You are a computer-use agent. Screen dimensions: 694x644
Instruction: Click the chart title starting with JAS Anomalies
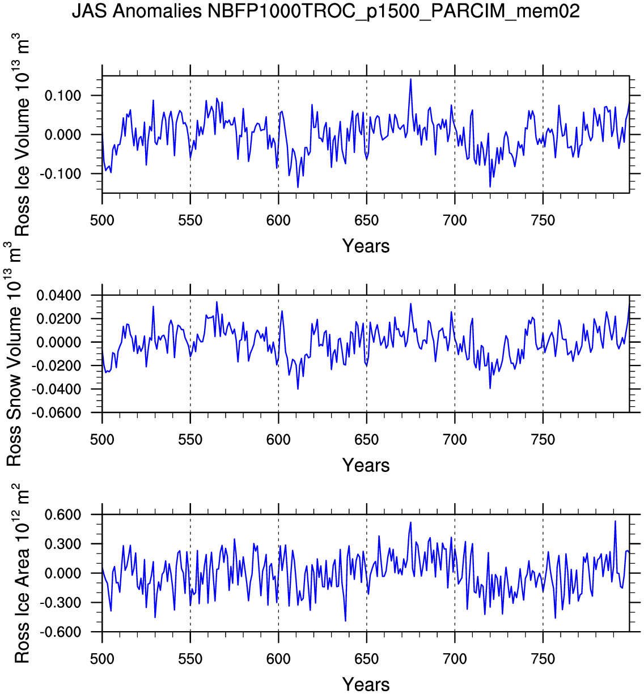[325, 11]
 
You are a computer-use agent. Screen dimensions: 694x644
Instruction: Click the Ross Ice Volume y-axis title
[22, 135]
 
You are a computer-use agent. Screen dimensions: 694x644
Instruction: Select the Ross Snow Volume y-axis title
[14, 354]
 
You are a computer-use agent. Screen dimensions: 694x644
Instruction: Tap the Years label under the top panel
[366, 246]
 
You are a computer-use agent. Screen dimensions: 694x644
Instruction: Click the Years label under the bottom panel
[366, 684]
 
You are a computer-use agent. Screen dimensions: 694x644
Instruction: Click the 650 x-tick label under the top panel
[366, 220]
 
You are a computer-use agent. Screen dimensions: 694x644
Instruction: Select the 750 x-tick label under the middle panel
[543, 440]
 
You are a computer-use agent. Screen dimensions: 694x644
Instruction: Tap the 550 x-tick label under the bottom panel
[190, 659]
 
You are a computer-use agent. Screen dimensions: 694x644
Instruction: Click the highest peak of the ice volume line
[410, 79]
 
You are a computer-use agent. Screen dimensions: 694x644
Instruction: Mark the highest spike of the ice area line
[615, 521]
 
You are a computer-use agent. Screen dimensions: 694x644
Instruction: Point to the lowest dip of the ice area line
[345, 621]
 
